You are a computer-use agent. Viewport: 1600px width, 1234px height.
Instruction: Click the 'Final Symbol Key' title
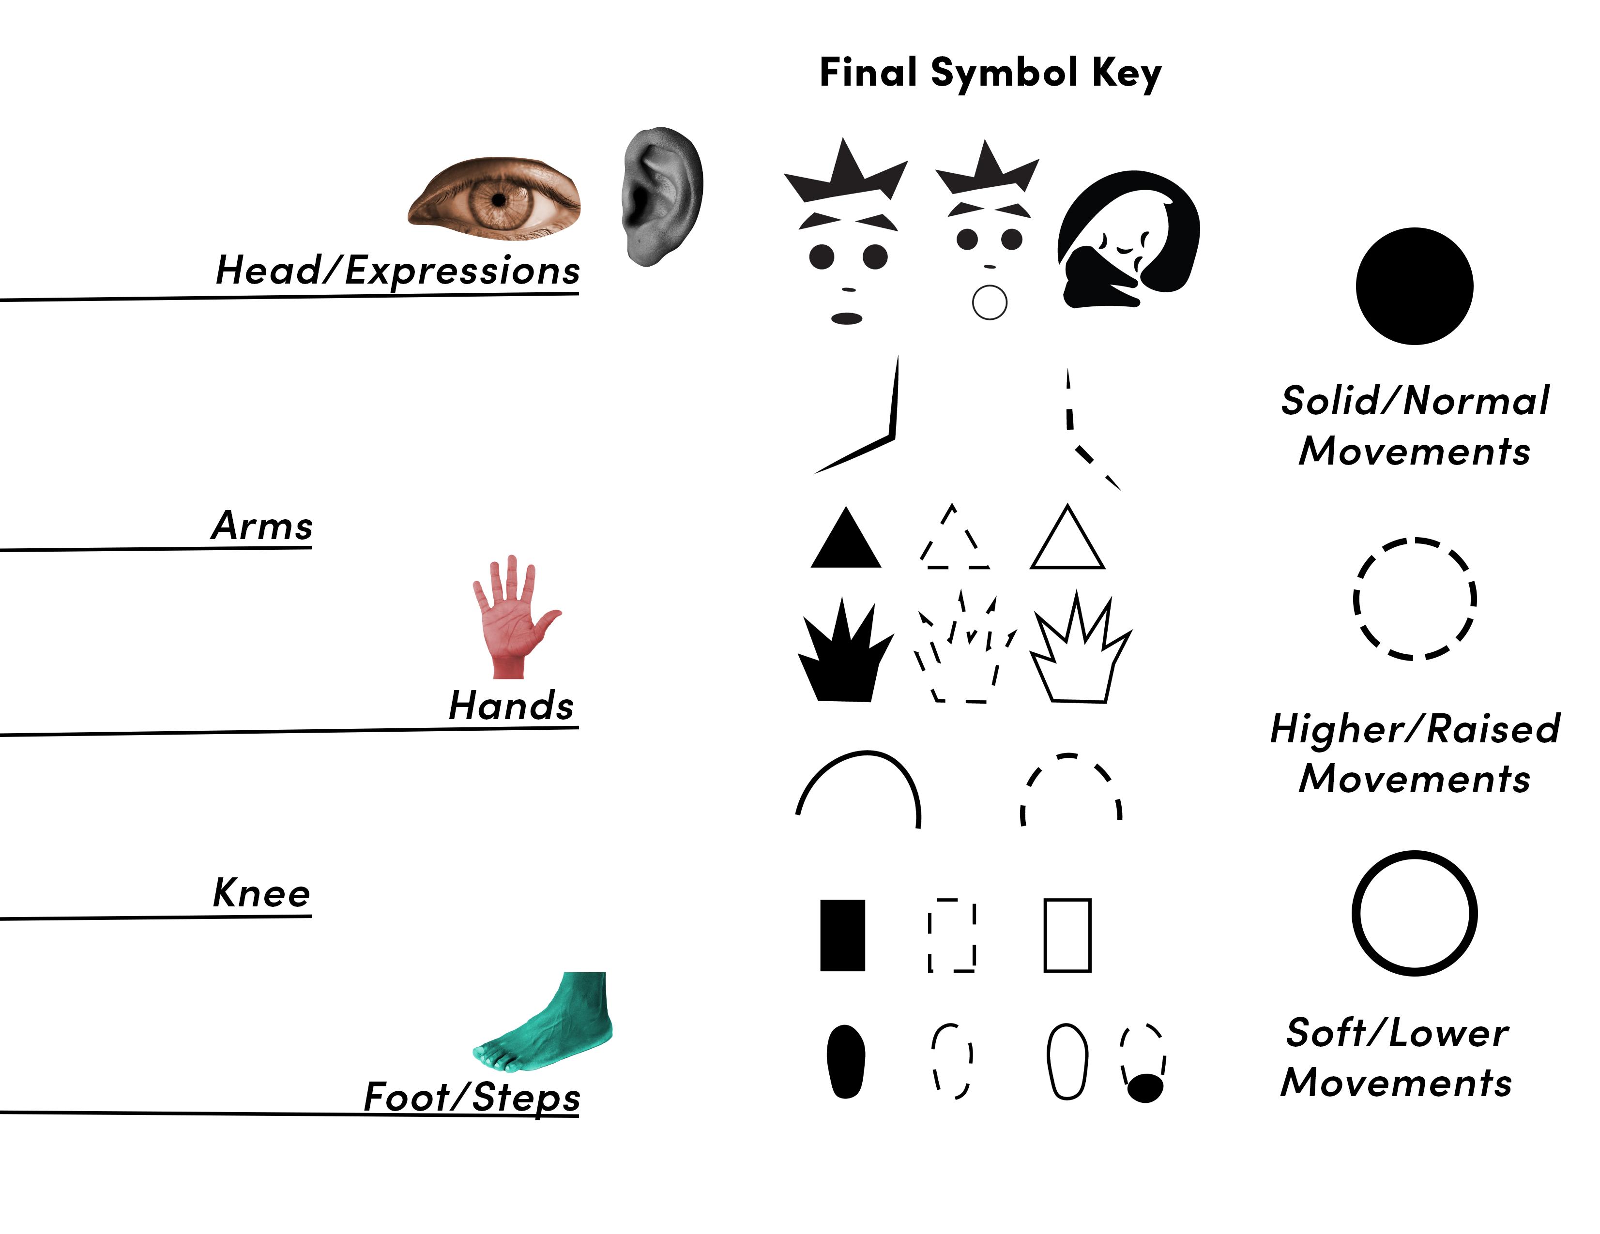click(989, 73)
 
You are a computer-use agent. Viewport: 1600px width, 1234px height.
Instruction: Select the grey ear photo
click(661, 196)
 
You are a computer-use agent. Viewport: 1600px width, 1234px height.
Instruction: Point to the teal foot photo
click(551, 1021)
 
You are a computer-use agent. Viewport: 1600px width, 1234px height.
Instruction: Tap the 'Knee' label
click(261, 893)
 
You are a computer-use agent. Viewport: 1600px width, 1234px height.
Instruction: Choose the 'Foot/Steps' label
click(472, 1096)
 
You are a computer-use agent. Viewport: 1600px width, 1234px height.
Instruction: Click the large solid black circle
click(1414, 286)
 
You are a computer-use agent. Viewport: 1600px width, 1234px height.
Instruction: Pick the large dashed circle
click(1414, 599)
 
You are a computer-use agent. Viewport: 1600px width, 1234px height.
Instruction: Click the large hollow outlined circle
click(1414, 913)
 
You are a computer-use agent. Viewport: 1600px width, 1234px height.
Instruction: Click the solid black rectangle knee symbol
click(842, 935)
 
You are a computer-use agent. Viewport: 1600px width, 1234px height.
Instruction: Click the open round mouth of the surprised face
click(989, 302)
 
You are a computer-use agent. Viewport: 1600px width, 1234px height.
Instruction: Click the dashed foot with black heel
click(1143, 1062)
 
